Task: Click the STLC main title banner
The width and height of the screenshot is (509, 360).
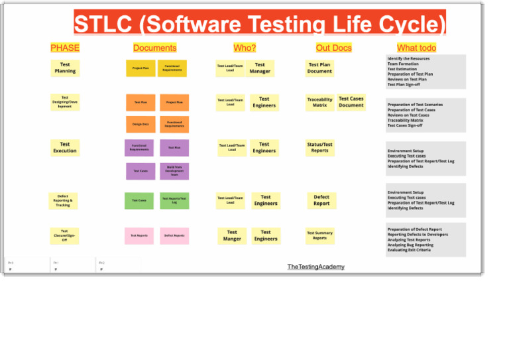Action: pos(260,23)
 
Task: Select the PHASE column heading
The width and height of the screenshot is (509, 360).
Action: pos(64,48)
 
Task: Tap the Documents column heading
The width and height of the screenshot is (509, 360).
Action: pos(154,48)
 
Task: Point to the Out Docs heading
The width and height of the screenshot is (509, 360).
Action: pos(333,48)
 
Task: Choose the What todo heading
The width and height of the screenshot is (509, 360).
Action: pos(416,48)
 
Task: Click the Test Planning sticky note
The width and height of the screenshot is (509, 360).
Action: pos(65,68)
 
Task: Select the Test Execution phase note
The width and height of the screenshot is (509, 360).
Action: pos(65,147)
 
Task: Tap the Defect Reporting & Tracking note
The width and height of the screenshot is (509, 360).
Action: pos(63,200)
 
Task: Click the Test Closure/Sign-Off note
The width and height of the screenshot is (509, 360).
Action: pos(64,235)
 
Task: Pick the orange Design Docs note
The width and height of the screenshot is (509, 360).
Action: pos(141,124)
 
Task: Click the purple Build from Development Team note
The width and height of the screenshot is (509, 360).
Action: pos(174,171)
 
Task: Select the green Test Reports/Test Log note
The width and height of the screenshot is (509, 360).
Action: pos(174,200)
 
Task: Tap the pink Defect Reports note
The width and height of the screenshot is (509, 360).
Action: pos(174,235)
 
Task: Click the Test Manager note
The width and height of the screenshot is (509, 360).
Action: pos(260,68)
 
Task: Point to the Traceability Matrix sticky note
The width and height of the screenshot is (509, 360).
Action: pos(319,102)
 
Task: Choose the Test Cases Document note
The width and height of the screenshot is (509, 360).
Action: pos(351,102)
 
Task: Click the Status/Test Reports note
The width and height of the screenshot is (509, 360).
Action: pos(319,147)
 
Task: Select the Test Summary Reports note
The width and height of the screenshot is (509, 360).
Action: pos(319,235)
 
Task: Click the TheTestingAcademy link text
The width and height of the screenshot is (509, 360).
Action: pos(315,267)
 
